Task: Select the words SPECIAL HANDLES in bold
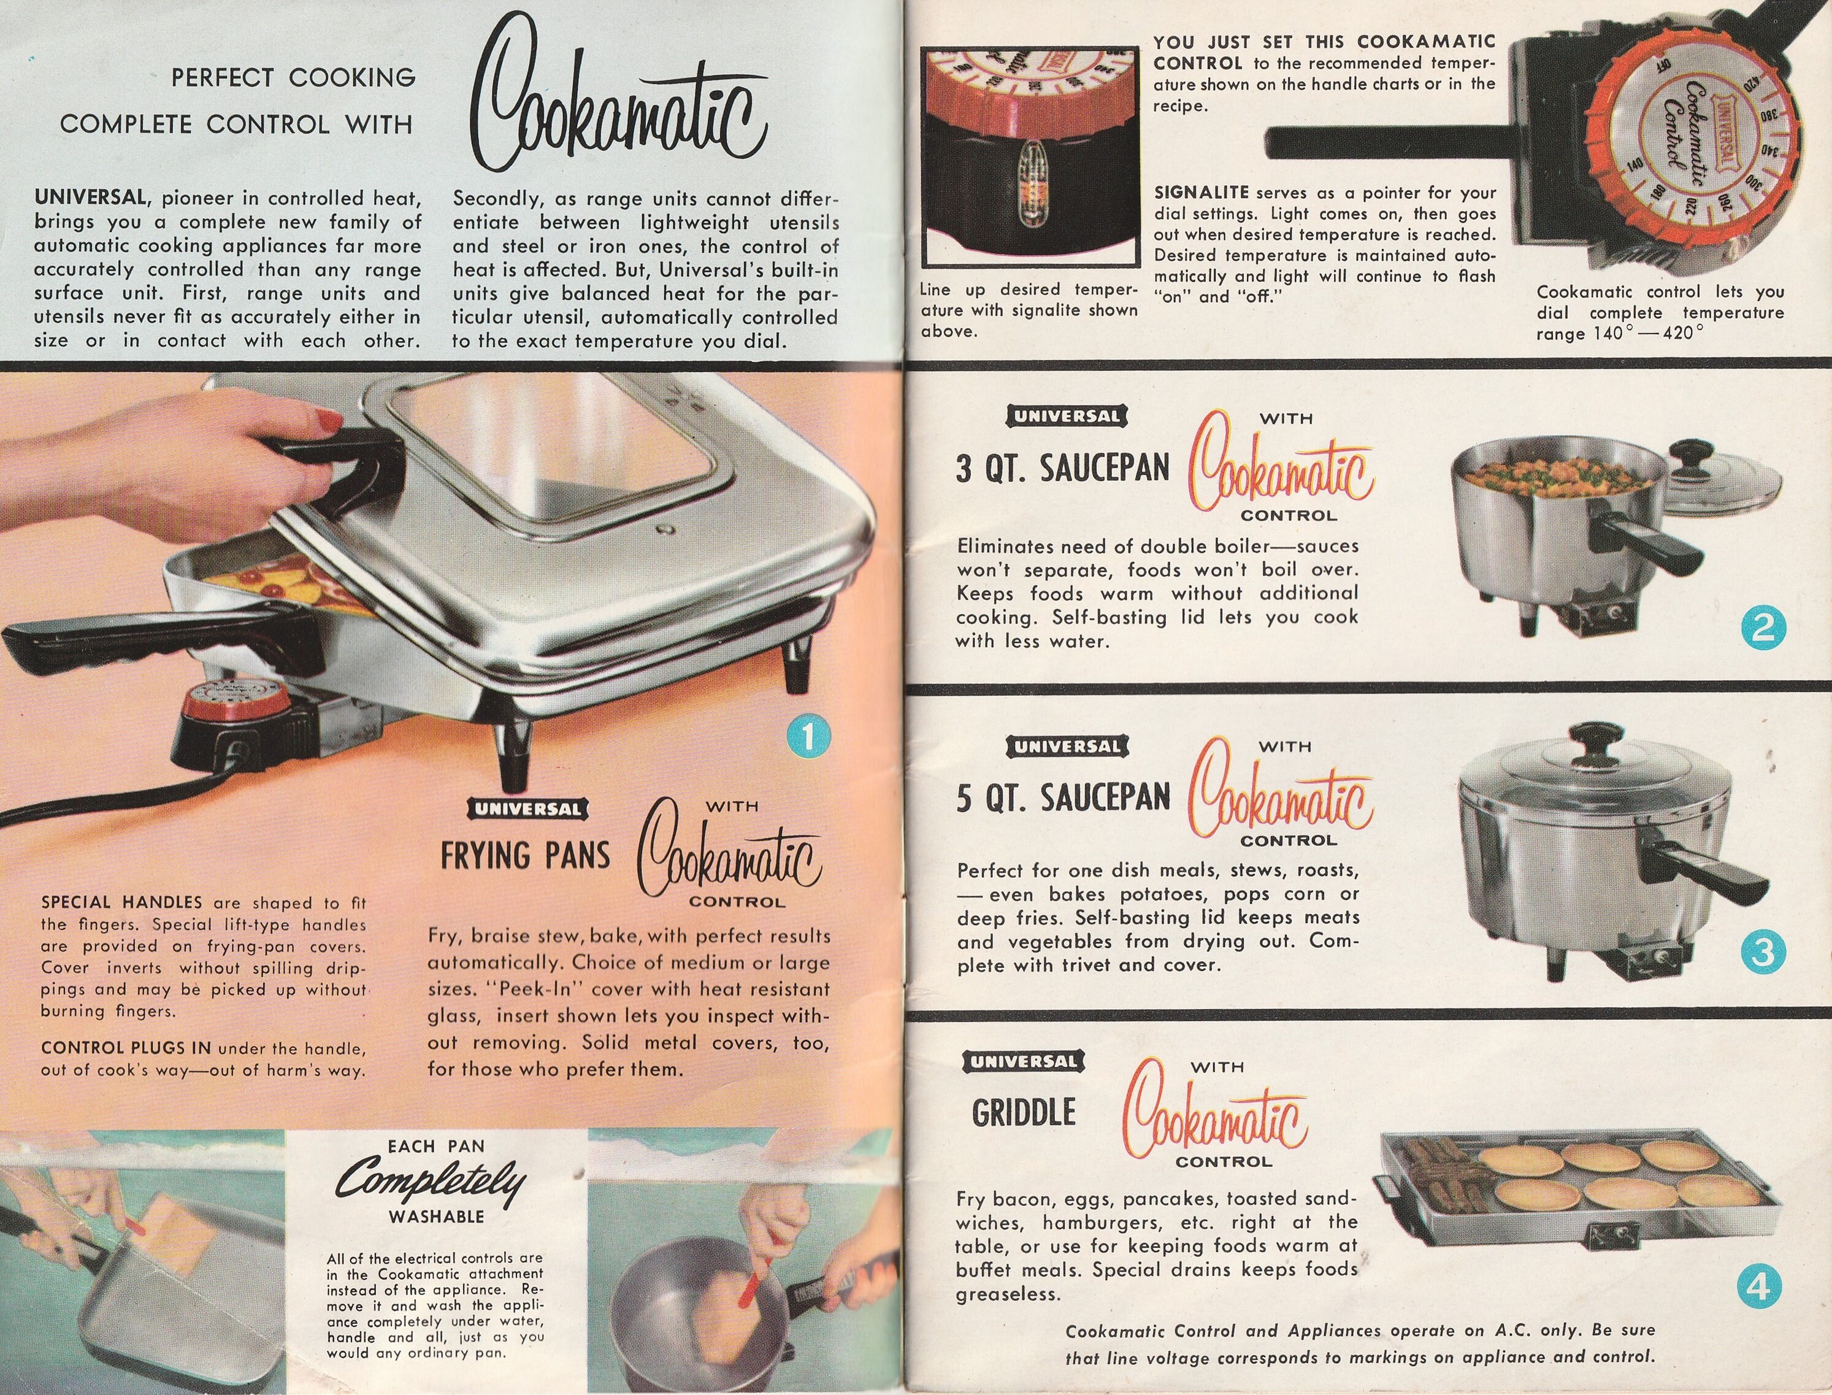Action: pos(121,902)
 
